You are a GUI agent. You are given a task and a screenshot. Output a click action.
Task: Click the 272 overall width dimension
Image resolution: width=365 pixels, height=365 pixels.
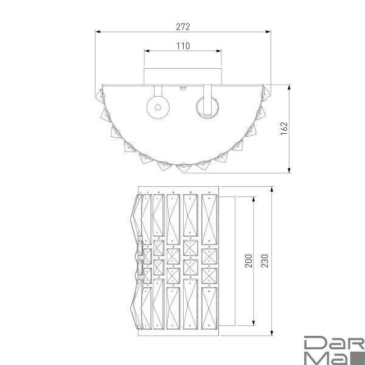183,27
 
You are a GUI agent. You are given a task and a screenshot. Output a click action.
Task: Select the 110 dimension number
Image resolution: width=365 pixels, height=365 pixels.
183,46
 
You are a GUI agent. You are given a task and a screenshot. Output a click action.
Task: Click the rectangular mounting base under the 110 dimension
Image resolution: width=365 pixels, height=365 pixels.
183,75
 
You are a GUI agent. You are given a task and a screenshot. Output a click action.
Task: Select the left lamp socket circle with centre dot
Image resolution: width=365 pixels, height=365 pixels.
157,107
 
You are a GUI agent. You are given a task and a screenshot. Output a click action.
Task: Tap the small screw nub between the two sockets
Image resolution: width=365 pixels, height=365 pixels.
183,88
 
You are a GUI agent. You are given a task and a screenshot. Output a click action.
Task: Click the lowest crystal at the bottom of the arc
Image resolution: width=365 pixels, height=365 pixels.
183,165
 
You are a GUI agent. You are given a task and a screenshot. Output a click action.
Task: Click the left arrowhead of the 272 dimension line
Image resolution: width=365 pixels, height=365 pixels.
98,32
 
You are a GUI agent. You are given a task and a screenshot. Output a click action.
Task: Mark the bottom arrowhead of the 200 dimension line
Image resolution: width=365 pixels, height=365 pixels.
252,324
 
